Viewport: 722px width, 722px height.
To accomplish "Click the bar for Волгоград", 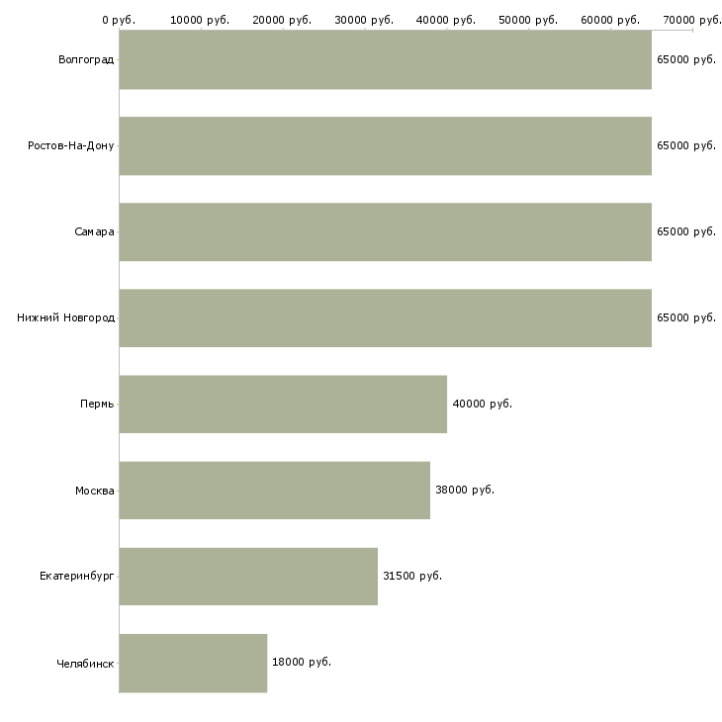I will (x=385, y=60).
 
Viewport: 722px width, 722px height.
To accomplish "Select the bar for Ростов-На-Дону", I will (x=385, y=146).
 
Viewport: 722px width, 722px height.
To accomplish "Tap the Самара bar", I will (x=385, y=232).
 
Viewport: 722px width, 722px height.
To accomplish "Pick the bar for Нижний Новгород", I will (x=385, y=318).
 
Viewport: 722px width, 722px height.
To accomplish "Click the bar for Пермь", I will (x=283, y=405).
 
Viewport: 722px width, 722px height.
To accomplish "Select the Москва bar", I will (x=274, y=491).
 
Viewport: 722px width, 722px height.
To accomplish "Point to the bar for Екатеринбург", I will (x=248, y=577).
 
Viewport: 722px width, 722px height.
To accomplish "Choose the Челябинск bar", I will (x=193, y=663).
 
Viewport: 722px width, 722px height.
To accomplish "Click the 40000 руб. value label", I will (x=482, y=404).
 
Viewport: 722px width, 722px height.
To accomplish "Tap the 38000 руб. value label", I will (x=465, y=490).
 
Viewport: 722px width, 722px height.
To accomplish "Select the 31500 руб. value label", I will (x=411, y=576).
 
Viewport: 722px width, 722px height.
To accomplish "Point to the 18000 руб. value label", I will (x=301, y=662).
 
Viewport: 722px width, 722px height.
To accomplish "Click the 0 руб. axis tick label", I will (x=119, y=20).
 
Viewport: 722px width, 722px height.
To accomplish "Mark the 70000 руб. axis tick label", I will (x=692, y=20).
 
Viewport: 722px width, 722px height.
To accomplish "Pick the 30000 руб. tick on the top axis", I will (x=365, y=20).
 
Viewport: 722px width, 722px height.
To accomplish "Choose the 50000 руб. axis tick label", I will (x=529, y=20).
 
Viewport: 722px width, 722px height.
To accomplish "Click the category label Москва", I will (x=95, y=491).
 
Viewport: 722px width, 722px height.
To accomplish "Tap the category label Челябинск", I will (x=86, y=663).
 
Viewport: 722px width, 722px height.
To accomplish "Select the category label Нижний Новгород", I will (x=66, y=318).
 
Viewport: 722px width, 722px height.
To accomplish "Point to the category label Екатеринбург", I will (x=77, y=577).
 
